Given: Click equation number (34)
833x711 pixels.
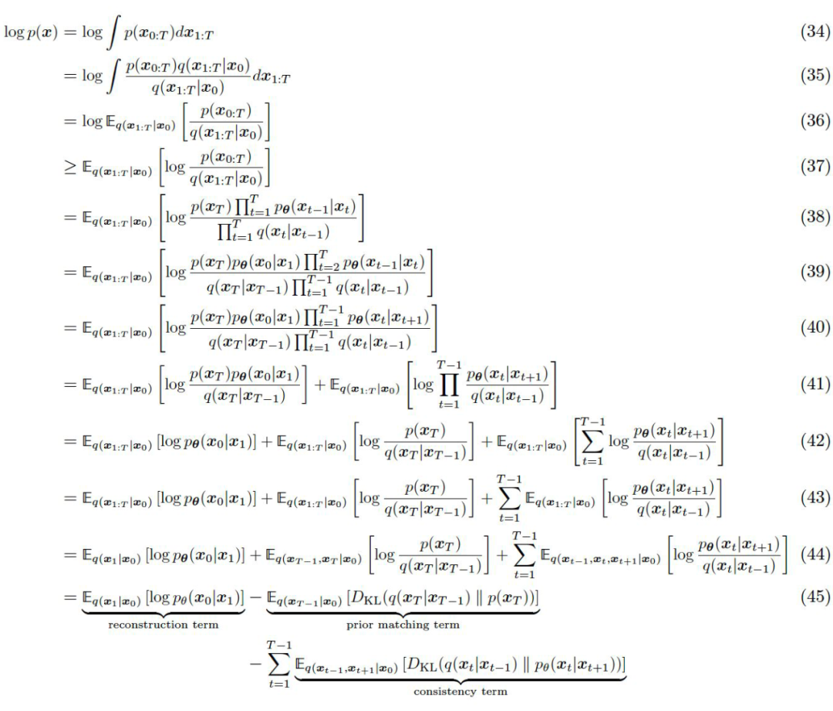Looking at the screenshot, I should pyautogui.click(x=814, y=33).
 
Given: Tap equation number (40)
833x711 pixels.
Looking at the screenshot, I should pyautogui.click(x=814, y=327).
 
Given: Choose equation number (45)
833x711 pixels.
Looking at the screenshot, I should pyautogui.click(x=814, y=597).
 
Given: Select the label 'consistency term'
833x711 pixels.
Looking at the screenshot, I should pyautogui.click(x=460, y=691).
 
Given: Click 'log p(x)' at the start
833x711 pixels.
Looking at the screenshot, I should pyautogui.click(x=26, y=34).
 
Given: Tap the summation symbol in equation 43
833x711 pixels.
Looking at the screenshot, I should pyautogui.click(x=505, y=498).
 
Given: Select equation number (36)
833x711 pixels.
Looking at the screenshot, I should pyautogui.click(x=814, y=120).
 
